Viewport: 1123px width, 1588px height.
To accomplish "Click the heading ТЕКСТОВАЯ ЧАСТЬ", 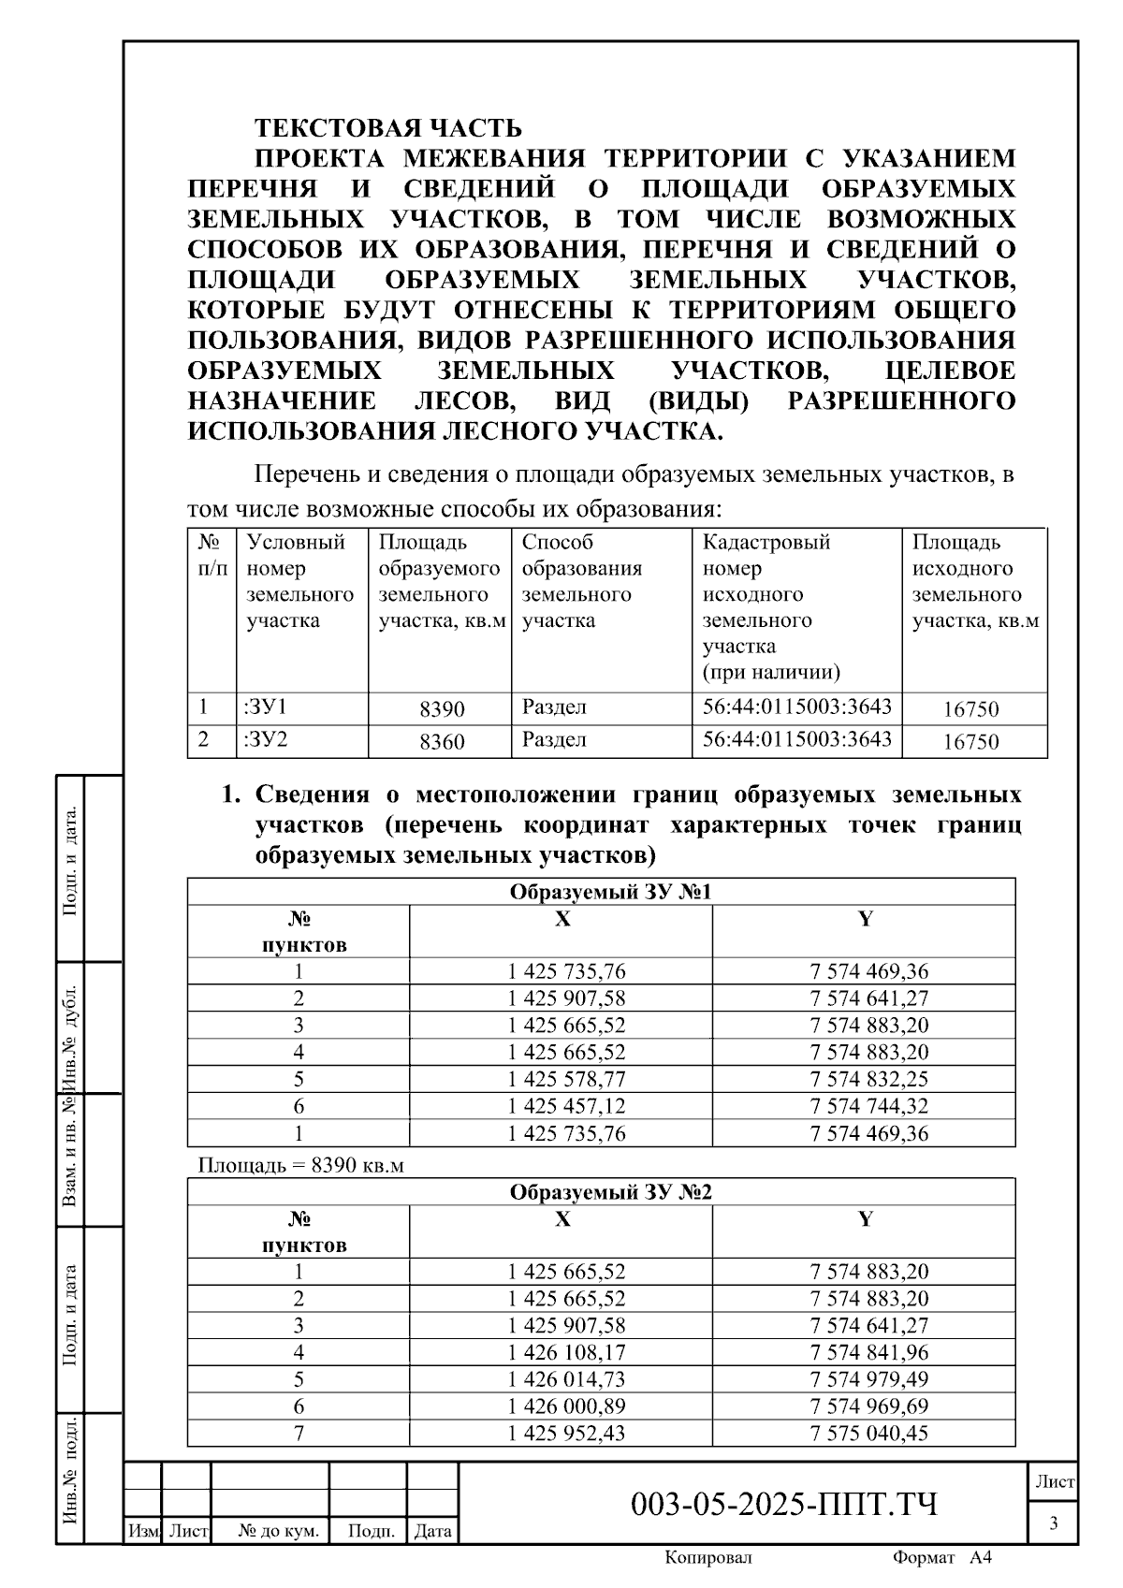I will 388,127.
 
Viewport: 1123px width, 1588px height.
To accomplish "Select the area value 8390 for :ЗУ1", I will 442,709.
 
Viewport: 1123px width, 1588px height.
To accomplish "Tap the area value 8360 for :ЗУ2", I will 442,742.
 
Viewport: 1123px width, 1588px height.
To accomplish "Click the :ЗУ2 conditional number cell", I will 267,740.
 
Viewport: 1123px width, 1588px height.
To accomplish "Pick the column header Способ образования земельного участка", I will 581,581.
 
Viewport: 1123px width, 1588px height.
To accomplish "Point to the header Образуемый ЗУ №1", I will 610,892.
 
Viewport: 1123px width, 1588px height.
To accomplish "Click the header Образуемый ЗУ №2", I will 610,1192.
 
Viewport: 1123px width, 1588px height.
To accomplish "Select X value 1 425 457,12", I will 566,1106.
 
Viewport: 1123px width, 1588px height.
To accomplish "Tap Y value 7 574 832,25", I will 868,1079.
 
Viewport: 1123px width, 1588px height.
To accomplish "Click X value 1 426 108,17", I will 566,1352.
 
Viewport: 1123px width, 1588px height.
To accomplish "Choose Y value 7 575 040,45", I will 868,1433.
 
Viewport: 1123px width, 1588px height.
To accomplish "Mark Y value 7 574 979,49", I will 868,1379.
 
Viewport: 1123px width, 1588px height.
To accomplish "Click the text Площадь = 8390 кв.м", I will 300,1165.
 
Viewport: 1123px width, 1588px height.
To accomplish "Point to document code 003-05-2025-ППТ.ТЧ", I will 784,1505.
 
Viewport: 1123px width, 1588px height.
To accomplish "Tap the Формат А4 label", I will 941,1557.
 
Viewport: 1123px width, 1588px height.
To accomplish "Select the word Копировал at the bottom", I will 707,1557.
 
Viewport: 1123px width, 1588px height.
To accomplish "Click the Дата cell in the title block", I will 432,1532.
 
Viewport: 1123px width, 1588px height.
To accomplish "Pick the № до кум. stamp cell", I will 278,1532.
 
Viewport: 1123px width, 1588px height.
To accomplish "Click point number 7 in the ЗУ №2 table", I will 299,1433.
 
